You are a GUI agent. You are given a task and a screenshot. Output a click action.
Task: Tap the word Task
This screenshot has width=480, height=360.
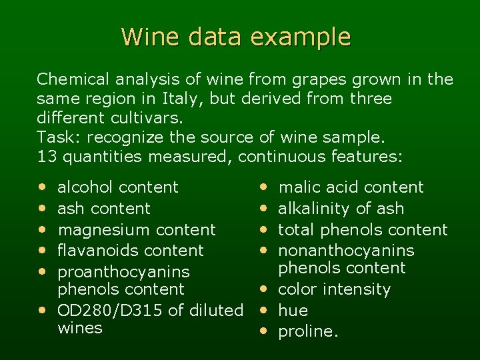[x=57, y=138]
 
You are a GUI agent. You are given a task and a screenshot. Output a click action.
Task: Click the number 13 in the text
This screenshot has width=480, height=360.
[x=46, y=157]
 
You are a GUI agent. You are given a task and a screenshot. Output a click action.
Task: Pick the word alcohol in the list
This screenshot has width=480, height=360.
[x=85, y=187]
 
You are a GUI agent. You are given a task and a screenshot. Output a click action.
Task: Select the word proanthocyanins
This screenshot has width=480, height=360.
[x=124, y=272]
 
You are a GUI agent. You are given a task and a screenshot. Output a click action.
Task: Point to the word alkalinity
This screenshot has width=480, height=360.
[x=315, y=209]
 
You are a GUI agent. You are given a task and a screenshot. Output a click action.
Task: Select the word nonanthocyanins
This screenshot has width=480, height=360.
[x=346, y=251]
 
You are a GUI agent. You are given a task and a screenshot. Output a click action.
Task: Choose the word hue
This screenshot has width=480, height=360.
[x=293, y=311]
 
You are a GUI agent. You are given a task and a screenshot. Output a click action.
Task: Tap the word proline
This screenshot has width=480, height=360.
[x=307, y=332]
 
